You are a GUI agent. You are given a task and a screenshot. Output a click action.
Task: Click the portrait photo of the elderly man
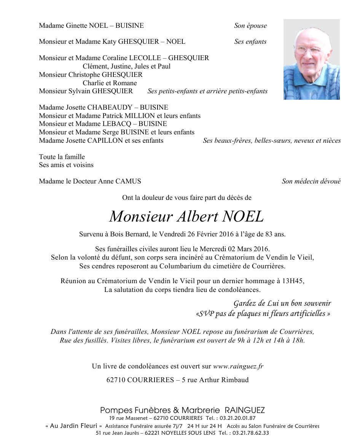[311, 59]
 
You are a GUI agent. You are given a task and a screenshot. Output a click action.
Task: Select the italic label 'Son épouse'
[250, 26]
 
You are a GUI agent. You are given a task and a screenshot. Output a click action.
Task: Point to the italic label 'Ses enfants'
[250, 42]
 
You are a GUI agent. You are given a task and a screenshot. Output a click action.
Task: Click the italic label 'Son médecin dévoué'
[311, 182]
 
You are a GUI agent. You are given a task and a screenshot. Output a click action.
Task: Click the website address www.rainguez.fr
[238, 367]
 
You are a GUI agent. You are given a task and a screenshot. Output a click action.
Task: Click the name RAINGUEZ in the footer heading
[245, 410]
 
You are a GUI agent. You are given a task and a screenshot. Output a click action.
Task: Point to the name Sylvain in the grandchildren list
[78, 91]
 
